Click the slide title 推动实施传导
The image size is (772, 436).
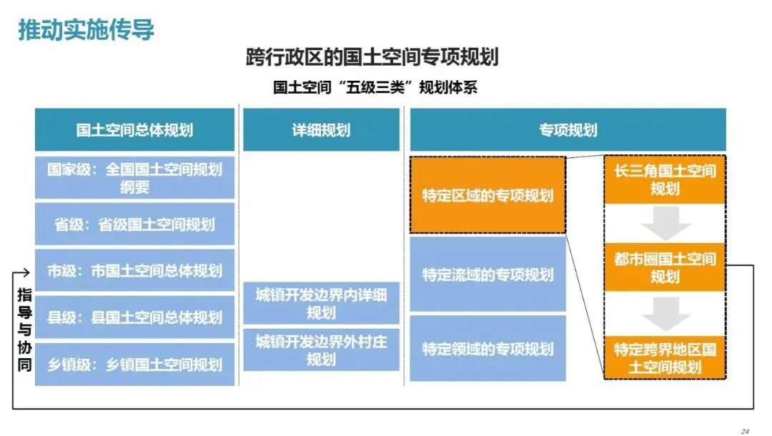point(86,29)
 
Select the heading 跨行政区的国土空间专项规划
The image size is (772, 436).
point(372,56)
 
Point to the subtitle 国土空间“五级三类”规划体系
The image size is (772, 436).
point(375,87)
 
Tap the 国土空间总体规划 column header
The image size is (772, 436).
point(134,130)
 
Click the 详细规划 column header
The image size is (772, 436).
point(321,130)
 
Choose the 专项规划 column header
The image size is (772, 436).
point(568,130)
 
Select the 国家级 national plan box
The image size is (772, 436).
point(134,178)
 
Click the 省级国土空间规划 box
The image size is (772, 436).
point(134,224)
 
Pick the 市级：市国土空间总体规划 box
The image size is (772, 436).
point(134,270)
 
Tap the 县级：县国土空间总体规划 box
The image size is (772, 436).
point(134,317)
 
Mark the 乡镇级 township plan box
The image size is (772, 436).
point(134,364)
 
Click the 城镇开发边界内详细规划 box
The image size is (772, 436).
point(321,303)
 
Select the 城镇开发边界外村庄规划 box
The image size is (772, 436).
point(321,350)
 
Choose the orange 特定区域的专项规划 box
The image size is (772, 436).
point(488,195)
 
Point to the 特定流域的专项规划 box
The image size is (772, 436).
point(488,274)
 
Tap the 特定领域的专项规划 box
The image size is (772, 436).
point(488,348)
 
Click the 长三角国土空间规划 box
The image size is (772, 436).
point(665,179)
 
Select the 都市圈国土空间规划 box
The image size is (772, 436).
point(665,267)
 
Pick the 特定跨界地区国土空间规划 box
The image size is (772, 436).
point(665,358)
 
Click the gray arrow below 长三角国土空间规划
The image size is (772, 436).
point(665,223)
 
